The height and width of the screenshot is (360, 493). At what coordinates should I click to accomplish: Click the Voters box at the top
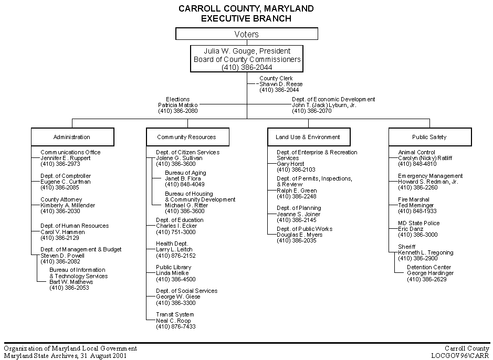[246, 34]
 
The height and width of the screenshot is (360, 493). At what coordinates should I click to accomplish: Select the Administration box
[72, 137]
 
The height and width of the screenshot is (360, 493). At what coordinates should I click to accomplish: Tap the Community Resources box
[186, 137]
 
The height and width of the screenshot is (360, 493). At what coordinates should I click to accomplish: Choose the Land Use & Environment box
[308, 137]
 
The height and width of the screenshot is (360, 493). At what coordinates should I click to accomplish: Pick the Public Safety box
[429, 137]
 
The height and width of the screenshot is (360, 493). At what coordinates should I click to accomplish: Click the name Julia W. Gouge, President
[247, 51]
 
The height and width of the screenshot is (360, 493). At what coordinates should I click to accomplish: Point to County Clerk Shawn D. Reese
[281, 84]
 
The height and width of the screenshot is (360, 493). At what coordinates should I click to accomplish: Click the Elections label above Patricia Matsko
[177, 99]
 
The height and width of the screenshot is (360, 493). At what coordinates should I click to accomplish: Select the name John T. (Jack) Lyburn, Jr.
[324, 105]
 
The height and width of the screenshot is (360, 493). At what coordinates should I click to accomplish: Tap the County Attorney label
[61, 200]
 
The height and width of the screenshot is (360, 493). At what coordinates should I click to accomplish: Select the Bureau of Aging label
[185, 173]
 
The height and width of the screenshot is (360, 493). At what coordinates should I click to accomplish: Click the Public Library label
[173, 267]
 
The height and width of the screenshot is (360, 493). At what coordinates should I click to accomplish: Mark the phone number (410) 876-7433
[175, 326]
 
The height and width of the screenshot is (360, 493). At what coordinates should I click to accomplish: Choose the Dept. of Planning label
[299, 208]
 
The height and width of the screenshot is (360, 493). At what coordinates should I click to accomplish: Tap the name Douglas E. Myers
[300, 235]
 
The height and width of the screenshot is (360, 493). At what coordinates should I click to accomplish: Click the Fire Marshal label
[414, 200]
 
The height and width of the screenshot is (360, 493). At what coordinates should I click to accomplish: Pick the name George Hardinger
[430, 273]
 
